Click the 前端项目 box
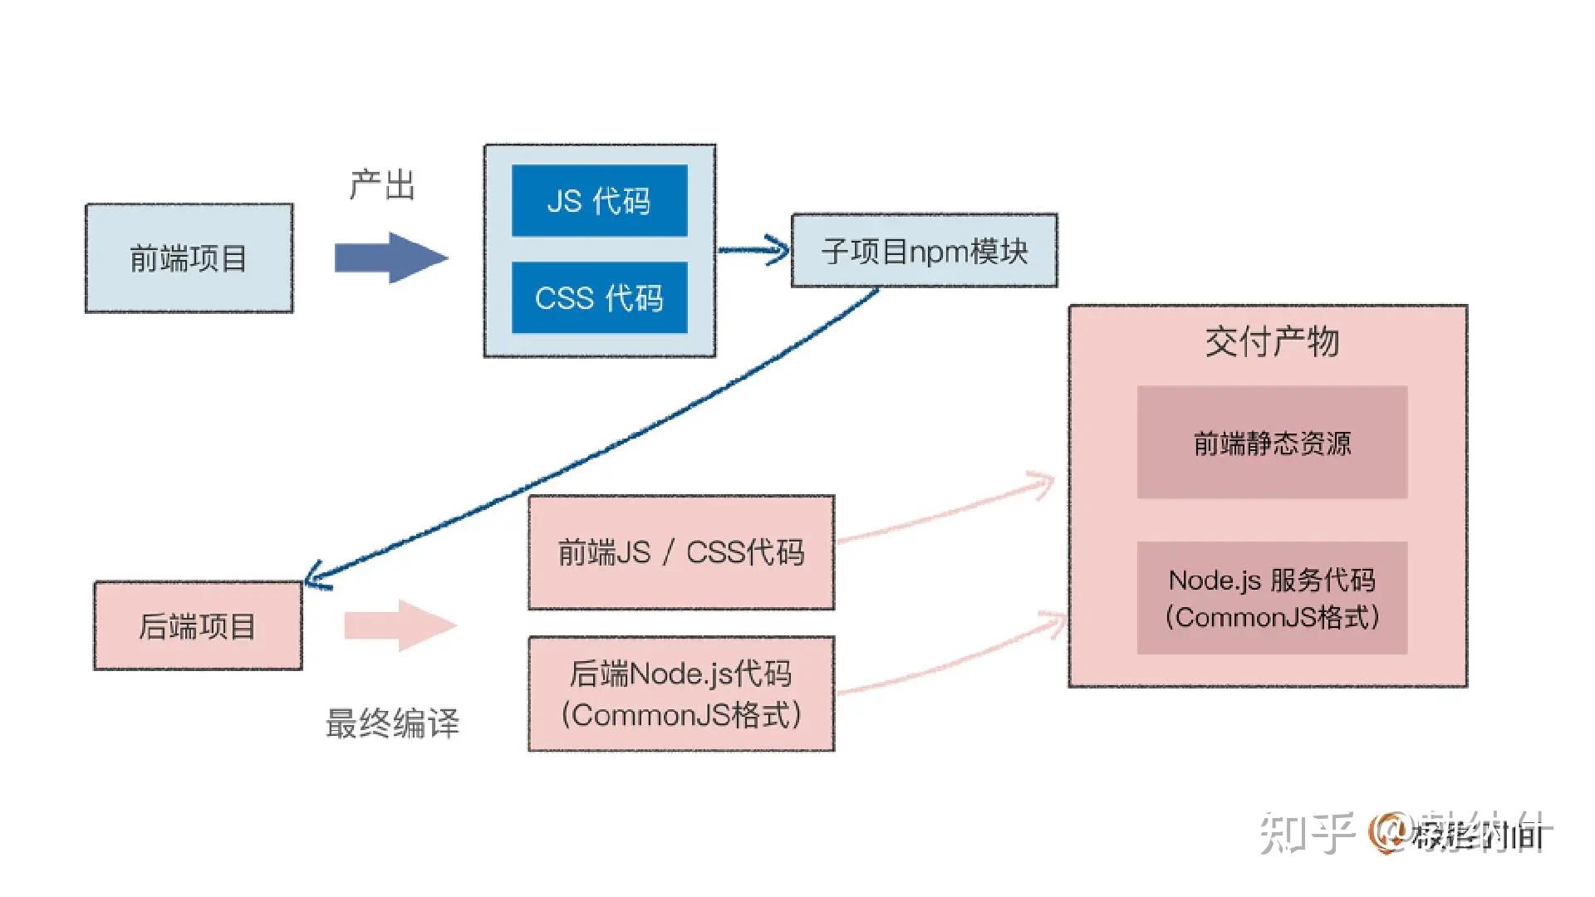(x=189, y=258)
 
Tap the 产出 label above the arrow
(x=381, y=184)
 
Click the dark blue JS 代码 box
(x=599, y=201)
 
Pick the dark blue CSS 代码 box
(x=599, y=298)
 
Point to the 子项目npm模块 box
(x=924, y=251)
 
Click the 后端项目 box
(x=198, y=626)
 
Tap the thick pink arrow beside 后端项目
(x=400, y=625)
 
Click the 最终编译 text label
(x=392, y=723)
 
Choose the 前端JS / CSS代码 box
(x=681, y=552)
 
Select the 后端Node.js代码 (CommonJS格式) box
(x=681, y=694)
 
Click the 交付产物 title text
(x=1272, y=341)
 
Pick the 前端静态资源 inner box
(x=1272, y=443)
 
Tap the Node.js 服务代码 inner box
(x=1272, y=598)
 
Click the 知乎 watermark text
(x=1307, y=833)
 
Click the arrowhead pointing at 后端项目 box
(x=317, y=578)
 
